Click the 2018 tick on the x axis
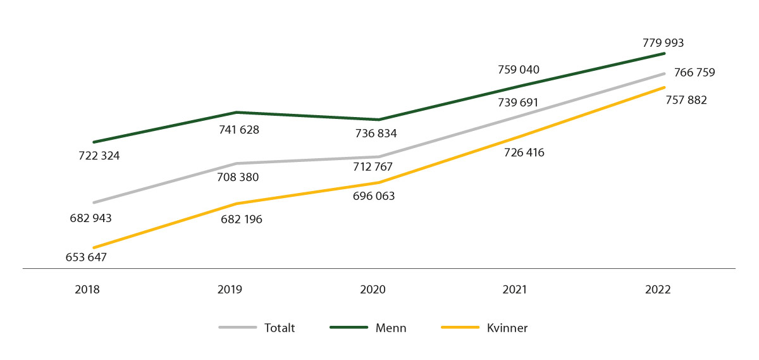click(x=87, y=290)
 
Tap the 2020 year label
click(x=373, y=290)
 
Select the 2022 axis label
click(x=658, y=290)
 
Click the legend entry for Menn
click(x=391, y=328)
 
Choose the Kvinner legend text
click(x=507, y=328)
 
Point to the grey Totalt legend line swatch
click(x=237, y=328)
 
